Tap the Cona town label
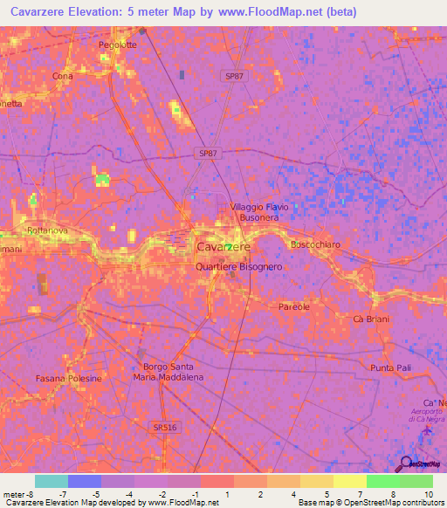[x=62, y=76]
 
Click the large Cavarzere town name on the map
[x=223, y=247]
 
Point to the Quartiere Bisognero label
[x=238, y=265]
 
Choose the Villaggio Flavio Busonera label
[x=257, y=212]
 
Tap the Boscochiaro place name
[x=317, y=244]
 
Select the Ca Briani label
[x=370, y=319]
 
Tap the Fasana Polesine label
[x=70, y=379]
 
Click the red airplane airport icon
[x=427, y=430]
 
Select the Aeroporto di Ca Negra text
[x=427, y=414]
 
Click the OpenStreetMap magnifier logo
[x=405, y=464]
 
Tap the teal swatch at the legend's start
[x=52, y=481]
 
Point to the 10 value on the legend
[x=428, y=495]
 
